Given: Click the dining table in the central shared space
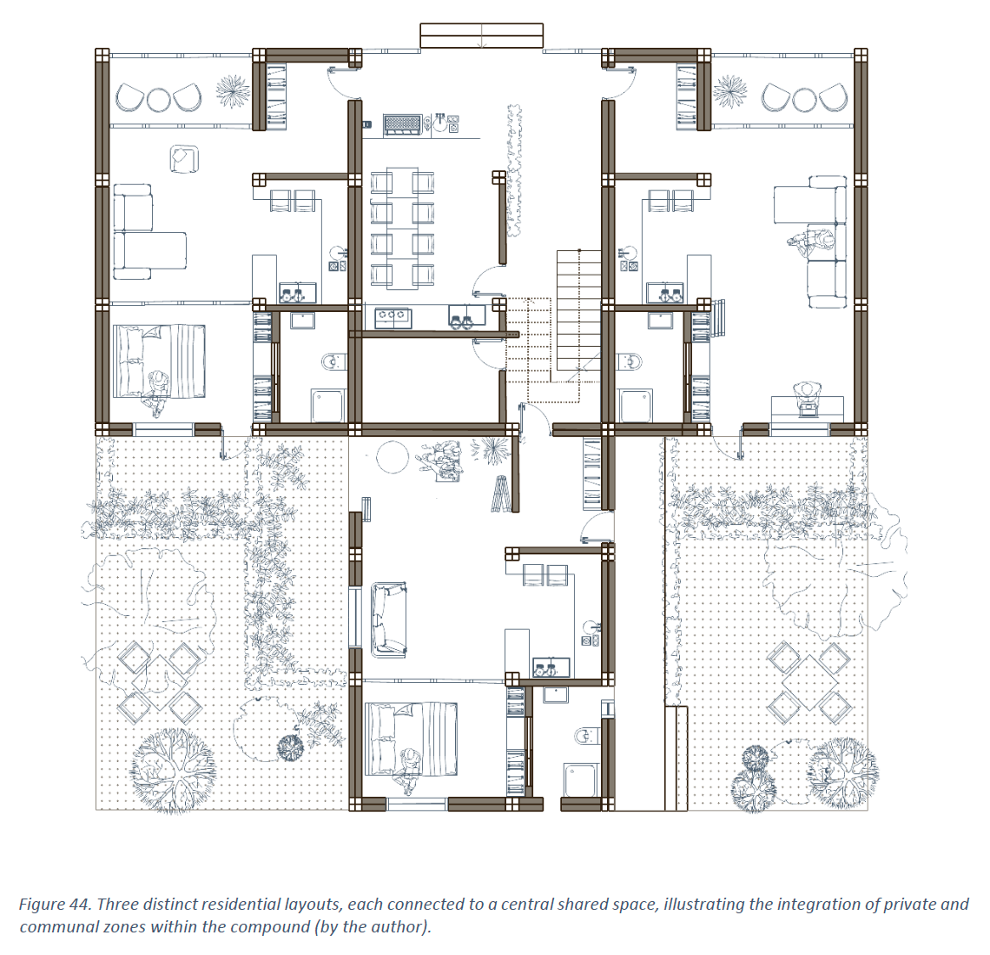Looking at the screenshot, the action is [x=402, y=228].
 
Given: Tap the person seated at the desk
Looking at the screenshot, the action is [x=807, y=396].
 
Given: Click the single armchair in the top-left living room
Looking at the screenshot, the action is [x=184, y=159].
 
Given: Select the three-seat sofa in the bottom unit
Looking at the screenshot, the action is [x=388, y=620].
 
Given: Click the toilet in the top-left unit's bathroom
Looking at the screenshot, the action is [x=334, y=362].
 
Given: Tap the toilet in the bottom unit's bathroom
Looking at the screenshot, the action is [x=586, y=736].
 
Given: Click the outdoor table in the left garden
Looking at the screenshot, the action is [x=161, y=682].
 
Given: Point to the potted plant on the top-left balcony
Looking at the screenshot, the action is [x=233, y=92].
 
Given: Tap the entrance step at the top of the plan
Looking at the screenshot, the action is [x=481, y=36].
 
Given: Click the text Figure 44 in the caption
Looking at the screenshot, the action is [x=56, y=905].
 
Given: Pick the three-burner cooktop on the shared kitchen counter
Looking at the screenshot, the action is [x=393, y=318].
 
